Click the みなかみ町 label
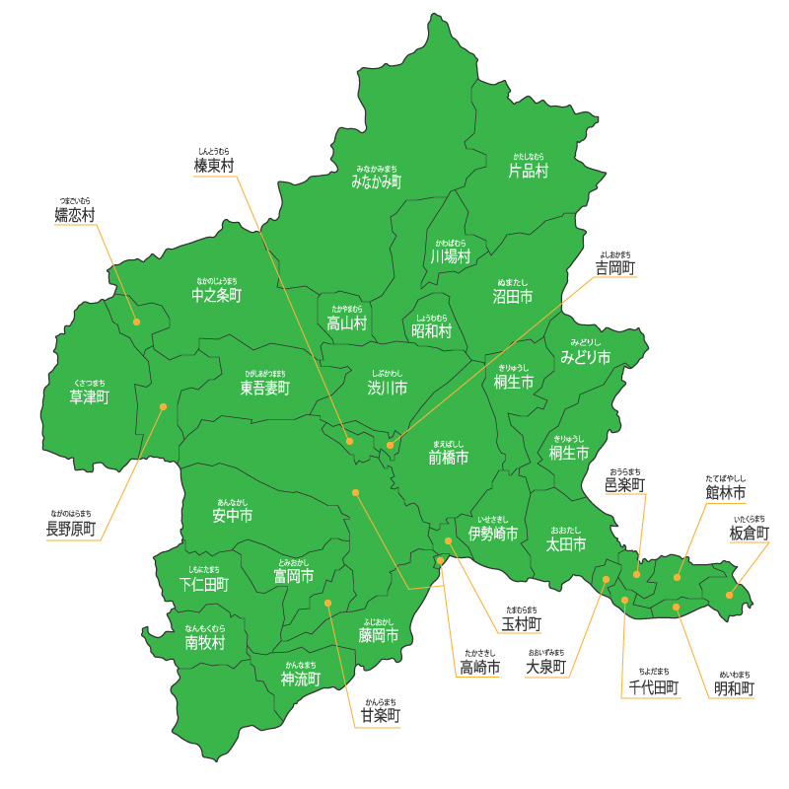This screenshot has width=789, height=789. coord(376,181)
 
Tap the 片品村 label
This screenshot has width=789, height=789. coord(528,171)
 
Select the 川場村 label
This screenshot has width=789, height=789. coord(450,255)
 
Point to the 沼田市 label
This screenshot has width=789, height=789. coord(513,296)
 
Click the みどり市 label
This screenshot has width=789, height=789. coord(585,355)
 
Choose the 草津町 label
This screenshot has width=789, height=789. coord(89,396)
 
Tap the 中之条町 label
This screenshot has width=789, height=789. coord(216,295)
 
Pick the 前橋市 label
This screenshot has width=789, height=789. coord(448,458)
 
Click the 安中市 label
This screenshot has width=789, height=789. coord(232,515)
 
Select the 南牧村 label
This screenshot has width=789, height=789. coord(205,643)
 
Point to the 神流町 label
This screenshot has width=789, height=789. coord(301,679)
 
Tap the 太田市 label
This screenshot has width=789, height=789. coord(566,543)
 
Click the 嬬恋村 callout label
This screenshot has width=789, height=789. coord(75,214)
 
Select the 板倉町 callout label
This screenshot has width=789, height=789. coord(749,533)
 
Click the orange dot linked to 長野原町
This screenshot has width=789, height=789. coord(164,406)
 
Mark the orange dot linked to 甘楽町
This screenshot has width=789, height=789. coord(328,603)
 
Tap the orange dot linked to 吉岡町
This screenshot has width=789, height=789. coord(390,446)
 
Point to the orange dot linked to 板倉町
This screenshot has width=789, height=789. coord(730,595)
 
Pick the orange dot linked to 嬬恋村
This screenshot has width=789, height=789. coord(137,322)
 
